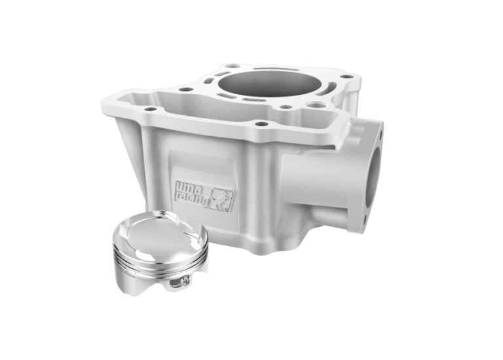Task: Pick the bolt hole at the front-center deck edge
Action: point(261,123)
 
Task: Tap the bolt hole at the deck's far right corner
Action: point(349,77)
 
